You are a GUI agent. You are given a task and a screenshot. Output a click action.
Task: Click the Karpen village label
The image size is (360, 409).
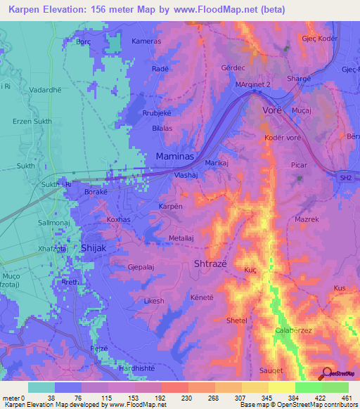[x=171, y=207]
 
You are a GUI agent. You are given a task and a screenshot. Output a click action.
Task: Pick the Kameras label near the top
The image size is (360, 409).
[x=146, y=41]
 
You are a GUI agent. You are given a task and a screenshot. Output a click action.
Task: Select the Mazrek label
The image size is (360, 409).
[x=307, y=219]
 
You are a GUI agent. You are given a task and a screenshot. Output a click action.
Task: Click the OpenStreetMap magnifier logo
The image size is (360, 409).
[x=326, y=374]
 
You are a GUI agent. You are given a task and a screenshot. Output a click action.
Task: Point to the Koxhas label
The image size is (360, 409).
[x=118, y=220]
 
